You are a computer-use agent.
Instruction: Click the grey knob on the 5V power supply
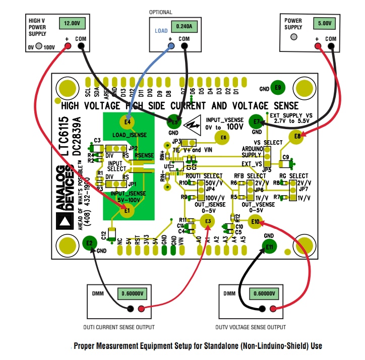click(x=294, y=37)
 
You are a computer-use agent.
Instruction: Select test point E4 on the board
click(x=127, y=122)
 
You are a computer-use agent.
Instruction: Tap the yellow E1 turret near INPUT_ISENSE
click(x=127, y=210)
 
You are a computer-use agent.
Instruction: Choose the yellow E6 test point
click(x=221, y=137)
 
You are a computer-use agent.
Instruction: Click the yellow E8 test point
click(x=297, y=136)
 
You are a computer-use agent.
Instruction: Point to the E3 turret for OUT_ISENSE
click(x=207, y=221)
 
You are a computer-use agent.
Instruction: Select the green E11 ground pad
click(x=270, y=247)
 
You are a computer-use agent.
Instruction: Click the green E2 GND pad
click(x=90, y=243)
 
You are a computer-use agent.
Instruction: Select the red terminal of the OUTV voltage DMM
click(x=273, y=309)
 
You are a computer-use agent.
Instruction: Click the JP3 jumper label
click(x=176, y=142)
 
